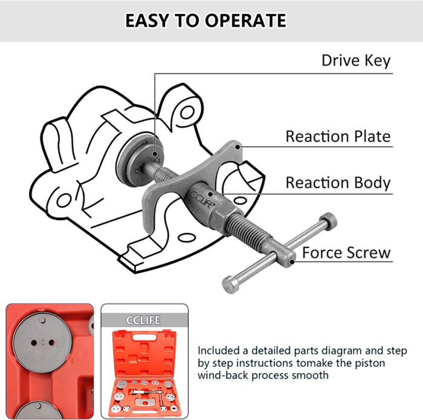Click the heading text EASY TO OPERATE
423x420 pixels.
(x=205, y=21)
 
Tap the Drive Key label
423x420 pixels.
(x=356, y=61)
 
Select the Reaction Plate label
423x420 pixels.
(x=338, y=136)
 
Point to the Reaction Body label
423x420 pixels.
(x=338, y=183)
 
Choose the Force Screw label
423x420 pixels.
(x=346, y=252)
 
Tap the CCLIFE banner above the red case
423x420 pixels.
(x=143, y=320)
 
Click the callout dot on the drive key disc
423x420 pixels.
(x=155, y=154)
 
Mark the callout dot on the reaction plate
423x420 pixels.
(x=237, y=146)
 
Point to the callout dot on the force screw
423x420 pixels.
(x=292, y=261)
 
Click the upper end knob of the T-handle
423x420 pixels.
(x=328, y=221)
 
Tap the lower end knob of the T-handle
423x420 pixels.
(x=230, y=284)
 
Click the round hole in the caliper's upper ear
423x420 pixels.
(x=187, y=113)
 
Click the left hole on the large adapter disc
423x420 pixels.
(x=34, y=343)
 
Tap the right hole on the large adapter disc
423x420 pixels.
(x=51, y=343)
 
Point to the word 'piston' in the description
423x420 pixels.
(x=370, y=363)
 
